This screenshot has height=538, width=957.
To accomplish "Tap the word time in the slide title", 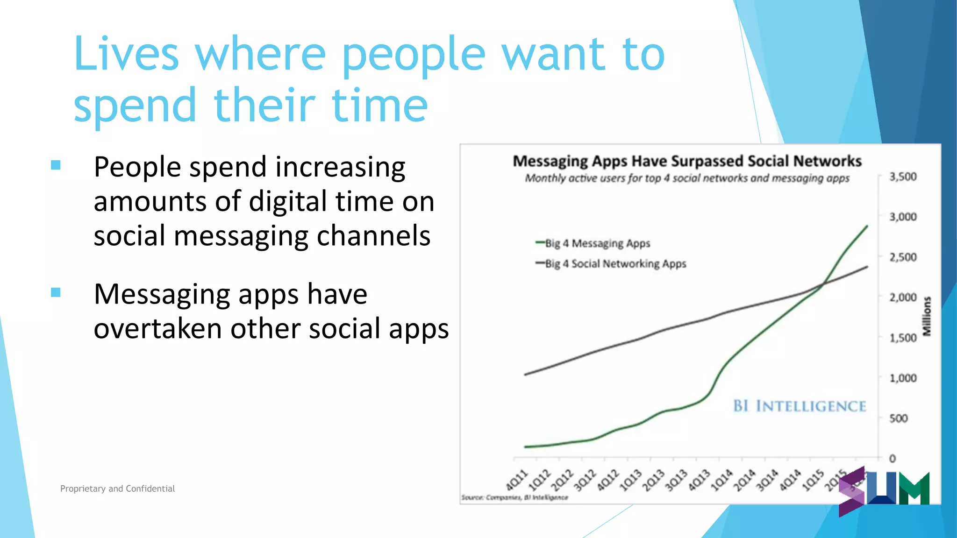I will click(379, 106).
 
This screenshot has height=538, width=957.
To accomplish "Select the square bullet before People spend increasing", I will click(56, 165).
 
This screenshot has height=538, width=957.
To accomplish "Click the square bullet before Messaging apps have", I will click(56, 292).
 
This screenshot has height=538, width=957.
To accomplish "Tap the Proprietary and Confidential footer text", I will click(117, 488).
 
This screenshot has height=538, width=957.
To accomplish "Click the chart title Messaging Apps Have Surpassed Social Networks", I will click(687, 161).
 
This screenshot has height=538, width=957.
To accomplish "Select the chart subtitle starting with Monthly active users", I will click(687, 178).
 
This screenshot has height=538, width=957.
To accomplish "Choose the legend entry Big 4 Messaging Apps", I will click(597, 243).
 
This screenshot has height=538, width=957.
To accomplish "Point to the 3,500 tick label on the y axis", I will click(903, 177).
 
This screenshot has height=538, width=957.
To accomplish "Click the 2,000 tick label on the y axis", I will click(903, 297).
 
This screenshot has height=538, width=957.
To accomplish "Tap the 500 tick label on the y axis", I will click(898, 418).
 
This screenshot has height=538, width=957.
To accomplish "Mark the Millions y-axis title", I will click(927, 316).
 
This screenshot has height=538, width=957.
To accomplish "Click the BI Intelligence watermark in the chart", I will click(799, 406).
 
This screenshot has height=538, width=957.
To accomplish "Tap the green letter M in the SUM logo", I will click(914, 489).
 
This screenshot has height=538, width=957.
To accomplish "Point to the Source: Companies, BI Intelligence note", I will click(514, 497).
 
